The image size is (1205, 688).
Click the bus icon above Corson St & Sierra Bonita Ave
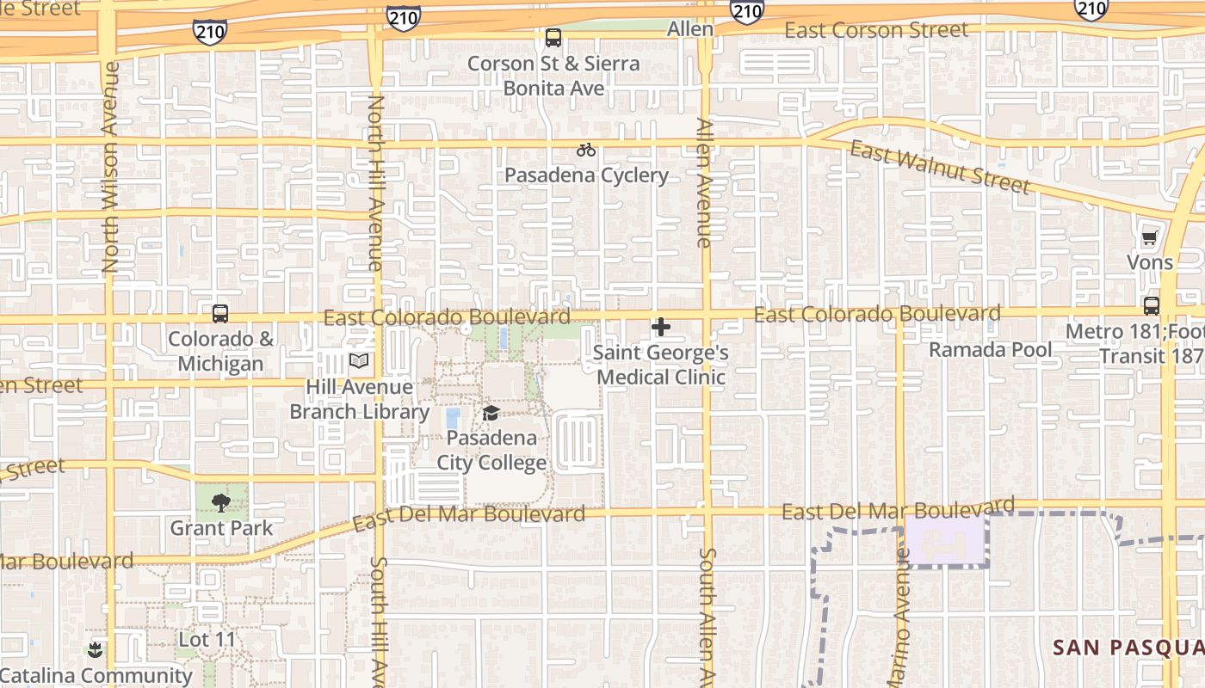coord(553,38)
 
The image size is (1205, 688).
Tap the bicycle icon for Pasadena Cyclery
coord(586,150)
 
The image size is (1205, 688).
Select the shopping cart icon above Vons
coord(1150,237)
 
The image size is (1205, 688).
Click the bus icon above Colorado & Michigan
coord(220,313)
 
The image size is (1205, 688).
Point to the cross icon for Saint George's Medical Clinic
coord(661,327)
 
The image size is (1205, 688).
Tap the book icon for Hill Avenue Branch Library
coord(358,361)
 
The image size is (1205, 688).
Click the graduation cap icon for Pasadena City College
coord(491,413)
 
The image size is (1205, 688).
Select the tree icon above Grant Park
coord(221,502)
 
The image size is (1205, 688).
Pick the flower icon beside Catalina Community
coord(96,650)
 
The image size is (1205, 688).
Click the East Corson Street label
coord(876,30)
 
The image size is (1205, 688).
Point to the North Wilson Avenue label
coord(110,167)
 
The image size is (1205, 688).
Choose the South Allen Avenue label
coord(708,616)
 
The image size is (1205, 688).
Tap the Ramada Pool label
coord(990,350)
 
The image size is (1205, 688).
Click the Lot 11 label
coord(207,640)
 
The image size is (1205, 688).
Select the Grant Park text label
coord(221,527)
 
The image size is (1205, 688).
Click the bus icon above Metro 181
coord(1151,305)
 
